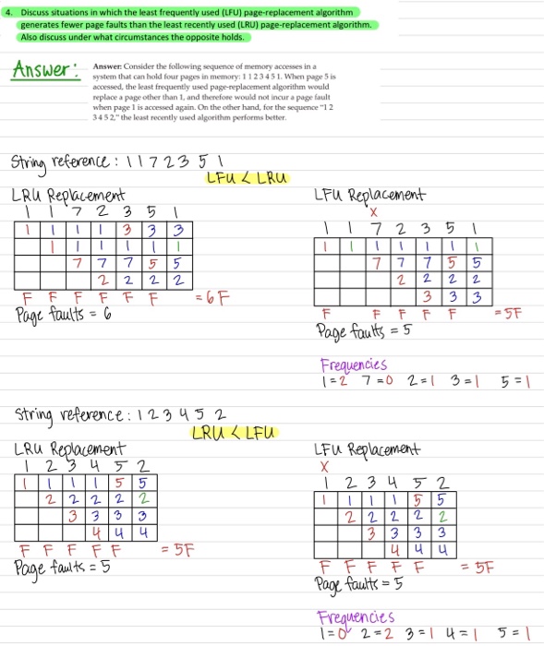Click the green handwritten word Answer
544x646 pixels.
[x=42, y=69]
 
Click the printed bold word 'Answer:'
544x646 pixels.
[x=107, y=67]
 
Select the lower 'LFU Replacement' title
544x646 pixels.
[x=368, y=449]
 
